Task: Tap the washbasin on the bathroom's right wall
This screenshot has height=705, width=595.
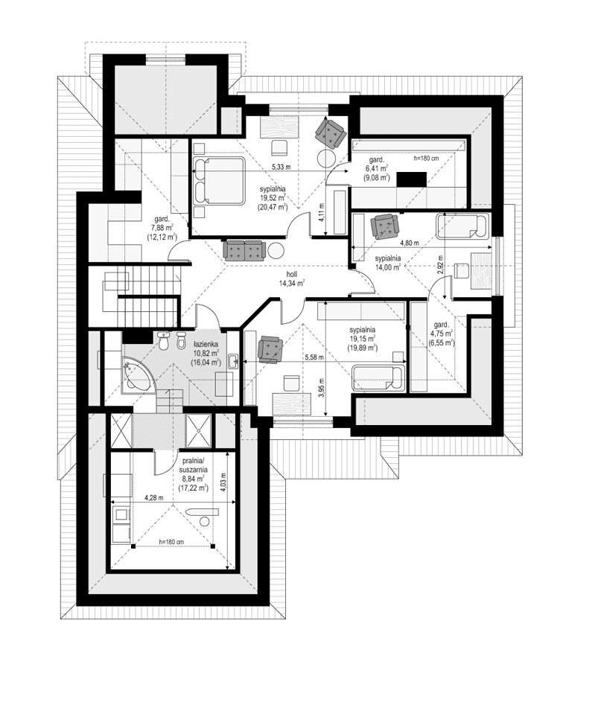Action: (234, 363)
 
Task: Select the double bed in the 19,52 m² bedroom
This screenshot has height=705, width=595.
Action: (219, 180)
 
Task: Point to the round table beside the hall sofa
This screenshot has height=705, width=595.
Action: (276, 251)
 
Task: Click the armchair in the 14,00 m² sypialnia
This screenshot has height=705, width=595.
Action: (385, 225)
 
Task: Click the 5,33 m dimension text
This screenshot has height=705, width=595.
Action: (281, 167)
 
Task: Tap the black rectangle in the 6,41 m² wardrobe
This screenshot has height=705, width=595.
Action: (412, 179)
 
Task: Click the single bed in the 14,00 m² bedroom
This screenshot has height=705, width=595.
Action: (461, 226)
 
